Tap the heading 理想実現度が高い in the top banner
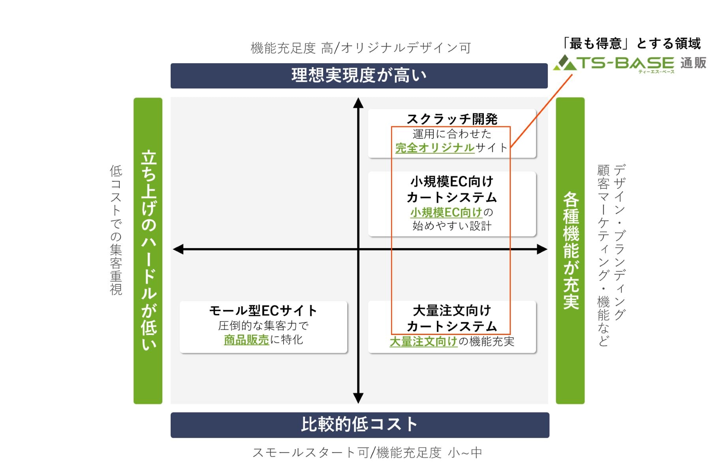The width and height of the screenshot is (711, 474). [359, 75]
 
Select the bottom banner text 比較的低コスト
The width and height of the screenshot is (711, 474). [359, 425]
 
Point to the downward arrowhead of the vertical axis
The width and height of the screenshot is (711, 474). [358, 398]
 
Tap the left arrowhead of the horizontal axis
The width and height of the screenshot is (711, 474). [178, 249]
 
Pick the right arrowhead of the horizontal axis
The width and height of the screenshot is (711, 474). [542, 249]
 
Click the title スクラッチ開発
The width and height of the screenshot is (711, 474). [452, 119]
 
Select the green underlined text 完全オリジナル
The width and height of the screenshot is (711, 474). [434, 148]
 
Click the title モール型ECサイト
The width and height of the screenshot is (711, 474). [263, 310]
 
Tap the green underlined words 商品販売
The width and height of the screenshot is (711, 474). [246, 340]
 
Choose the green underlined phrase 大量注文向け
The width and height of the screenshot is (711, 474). [423, 341]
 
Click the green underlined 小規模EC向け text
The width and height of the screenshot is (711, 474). [446, 213]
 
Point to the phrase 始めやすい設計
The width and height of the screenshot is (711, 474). [452, 226]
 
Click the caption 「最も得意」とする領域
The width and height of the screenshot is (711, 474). [631, 43]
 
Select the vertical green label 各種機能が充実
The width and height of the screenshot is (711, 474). [570, 250]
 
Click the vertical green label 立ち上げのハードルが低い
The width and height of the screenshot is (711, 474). [148, 250]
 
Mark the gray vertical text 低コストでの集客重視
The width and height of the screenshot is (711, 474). [116, 230]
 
